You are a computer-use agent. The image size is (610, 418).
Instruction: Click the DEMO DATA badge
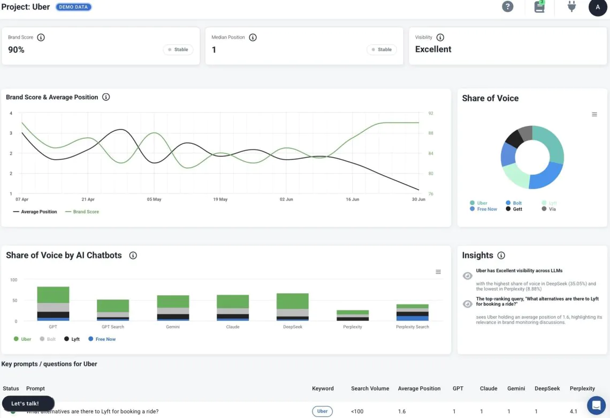pos(73,7)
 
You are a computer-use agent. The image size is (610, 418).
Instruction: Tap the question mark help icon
pos(507,7)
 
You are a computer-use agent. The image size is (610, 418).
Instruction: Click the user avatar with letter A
pos(598,7)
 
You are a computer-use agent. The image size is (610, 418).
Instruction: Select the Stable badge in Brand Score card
pos(178,49)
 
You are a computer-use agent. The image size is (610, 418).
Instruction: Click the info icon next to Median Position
pos(253,38)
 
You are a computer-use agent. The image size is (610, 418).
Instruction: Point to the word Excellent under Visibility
pos(433,49)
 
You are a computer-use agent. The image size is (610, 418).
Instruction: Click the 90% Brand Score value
pos(16,50)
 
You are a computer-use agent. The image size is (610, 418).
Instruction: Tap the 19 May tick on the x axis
pos(220,199)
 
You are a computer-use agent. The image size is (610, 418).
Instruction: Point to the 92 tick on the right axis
pos(431,114)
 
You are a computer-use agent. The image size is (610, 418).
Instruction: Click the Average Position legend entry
pos(35,212)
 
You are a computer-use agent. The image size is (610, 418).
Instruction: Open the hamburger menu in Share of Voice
pos(594,115)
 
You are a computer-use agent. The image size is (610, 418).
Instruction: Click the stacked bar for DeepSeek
pos(292,307)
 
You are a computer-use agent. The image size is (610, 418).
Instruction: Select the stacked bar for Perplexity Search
pos(412,312)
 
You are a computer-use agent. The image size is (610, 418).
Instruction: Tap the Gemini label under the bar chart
pos(172,327)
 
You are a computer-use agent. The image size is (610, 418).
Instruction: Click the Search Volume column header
pos(370,389)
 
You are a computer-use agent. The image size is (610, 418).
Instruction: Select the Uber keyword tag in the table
pos(322,412)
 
